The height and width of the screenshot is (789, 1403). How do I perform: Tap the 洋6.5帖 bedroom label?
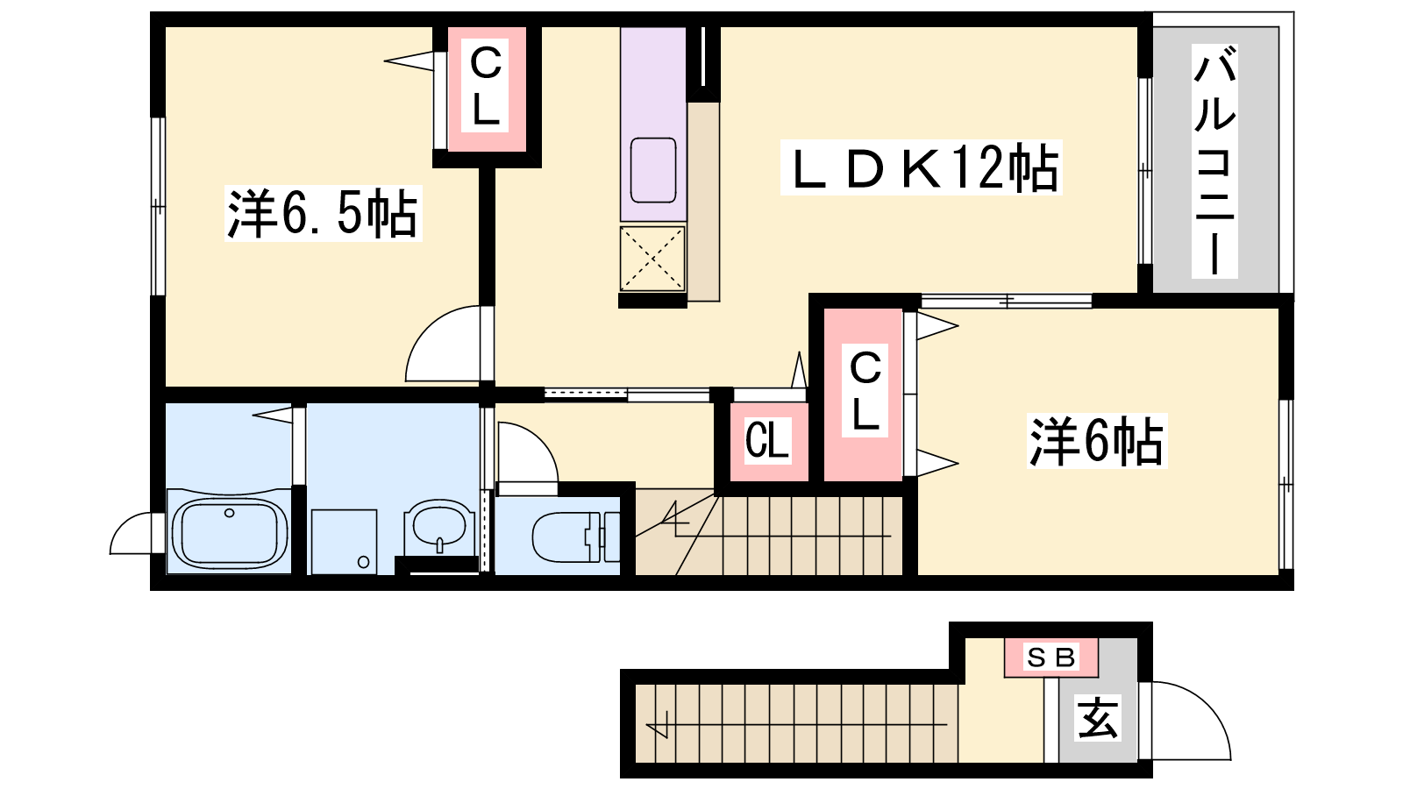[x=323, y=214]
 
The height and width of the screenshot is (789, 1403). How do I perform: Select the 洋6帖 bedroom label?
[x=1096, y=441]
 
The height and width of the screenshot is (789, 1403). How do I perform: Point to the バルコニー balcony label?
[x=1214, y=160]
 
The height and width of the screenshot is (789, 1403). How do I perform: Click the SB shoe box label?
[x=1051, y=657]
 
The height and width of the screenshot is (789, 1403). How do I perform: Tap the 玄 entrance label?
[x=1097, y=718]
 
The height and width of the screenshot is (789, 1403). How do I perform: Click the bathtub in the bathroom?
[x=229, y=532]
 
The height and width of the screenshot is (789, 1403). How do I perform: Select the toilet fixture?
[x=575, y=537]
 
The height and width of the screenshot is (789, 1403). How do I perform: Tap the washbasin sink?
[x=436, y=527]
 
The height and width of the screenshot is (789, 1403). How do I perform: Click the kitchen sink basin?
[x=653, y=170]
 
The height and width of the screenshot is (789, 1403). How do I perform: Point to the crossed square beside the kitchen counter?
[x=652, y=259]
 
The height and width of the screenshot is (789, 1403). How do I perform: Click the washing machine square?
[x=343, y=542]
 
